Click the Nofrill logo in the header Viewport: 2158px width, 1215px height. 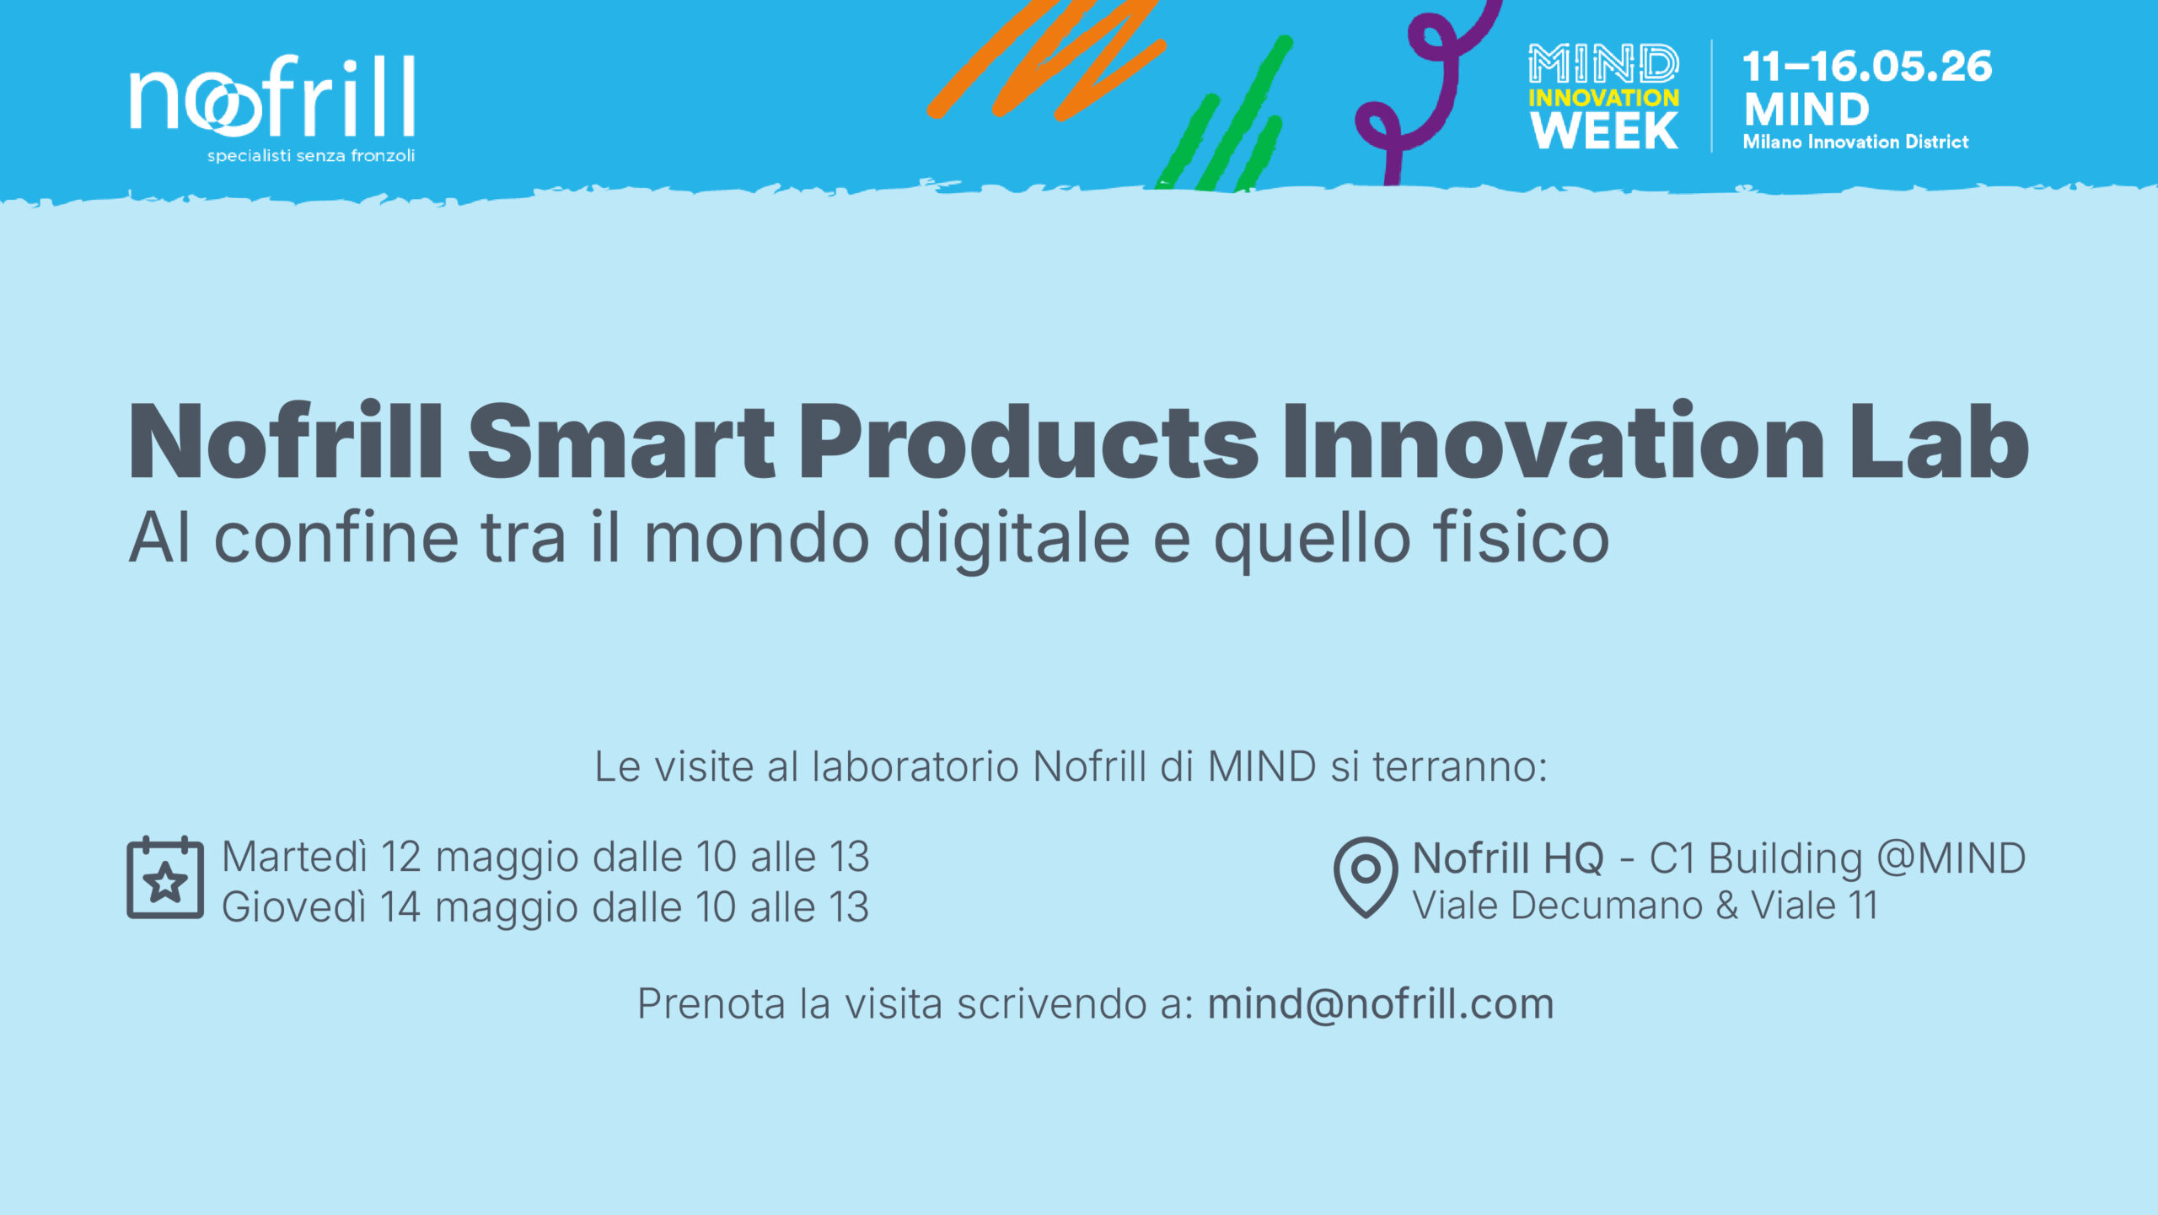click(x=272, y=96)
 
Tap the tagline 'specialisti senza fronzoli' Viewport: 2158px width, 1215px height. click(x=311, y=156)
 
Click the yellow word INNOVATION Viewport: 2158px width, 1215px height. click(x=1603, y=98)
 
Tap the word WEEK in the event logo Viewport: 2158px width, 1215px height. click(x=1604, y=131)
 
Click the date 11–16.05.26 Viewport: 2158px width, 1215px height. click(x=1867, y=67)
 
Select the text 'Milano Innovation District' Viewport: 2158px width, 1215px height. click(x=1855, y=142)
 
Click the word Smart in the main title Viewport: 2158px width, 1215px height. click(x=621, y=441)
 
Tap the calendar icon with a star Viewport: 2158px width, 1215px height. click(x=165, y=878)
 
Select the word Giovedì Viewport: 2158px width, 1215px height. click(x=294, y=907)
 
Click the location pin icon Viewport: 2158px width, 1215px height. click(x=1366, y=877)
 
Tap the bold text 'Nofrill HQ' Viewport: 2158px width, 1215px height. click(x=1508, y=858)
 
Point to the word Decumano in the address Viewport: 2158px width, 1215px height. click(x=1607, y=906)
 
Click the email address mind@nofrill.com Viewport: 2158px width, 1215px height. click(x=1381, y=1003)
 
